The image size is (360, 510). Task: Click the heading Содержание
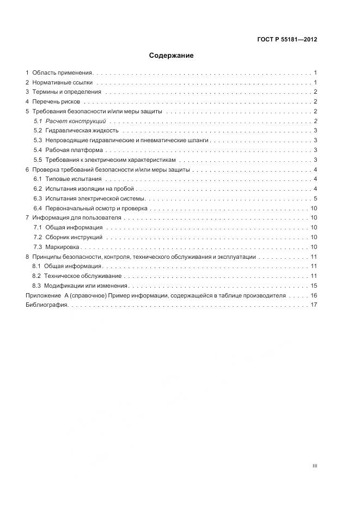[171, 56]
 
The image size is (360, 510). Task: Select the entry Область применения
[63, 72]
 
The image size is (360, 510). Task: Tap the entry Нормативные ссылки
[63, 82]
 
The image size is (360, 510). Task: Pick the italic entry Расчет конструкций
[76, 121]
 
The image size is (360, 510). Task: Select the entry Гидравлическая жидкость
[82, 131]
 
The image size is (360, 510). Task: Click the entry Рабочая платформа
[74, 150]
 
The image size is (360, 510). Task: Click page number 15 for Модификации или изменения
[314, 286]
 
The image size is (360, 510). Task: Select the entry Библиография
[46, 305]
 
